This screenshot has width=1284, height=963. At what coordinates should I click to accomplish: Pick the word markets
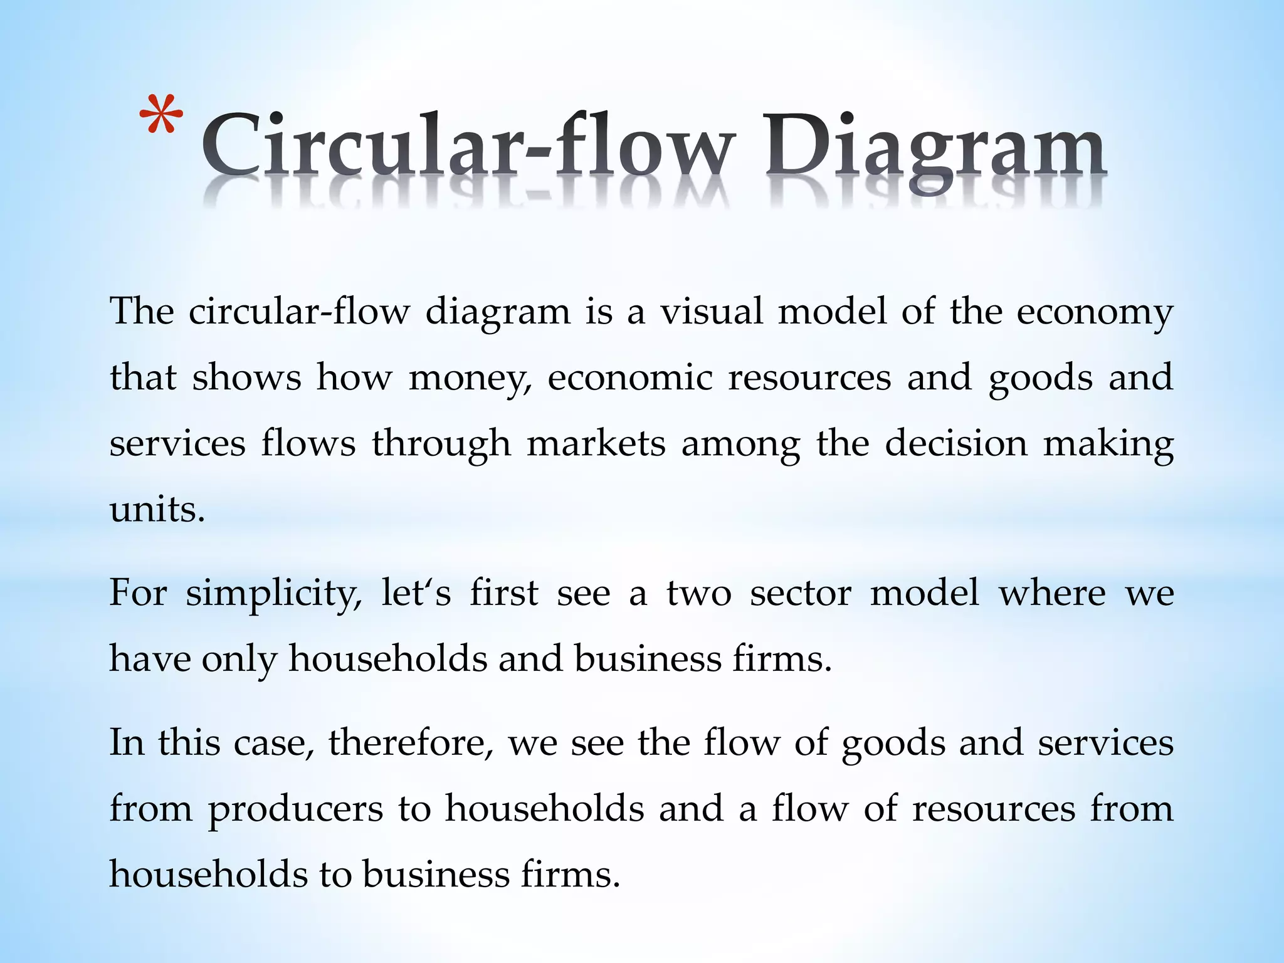click(596, 443)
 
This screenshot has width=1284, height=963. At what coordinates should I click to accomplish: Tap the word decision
click(956, 443)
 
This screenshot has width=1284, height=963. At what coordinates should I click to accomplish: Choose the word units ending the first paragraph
click(157, 509)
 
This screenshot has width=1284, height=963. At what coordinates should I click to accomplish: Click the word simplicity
click(273, 594)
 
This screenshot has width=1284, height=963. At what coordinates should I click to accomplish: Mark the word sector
click(801, 594)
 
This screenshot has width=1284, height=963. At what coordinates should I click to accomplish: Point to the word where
click(1052, 594)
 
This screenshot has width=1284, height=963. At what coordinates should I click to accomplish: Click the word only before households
click(238, 660)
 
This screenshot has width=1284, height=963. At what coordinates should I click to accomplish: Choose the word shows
click(246, 378)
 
